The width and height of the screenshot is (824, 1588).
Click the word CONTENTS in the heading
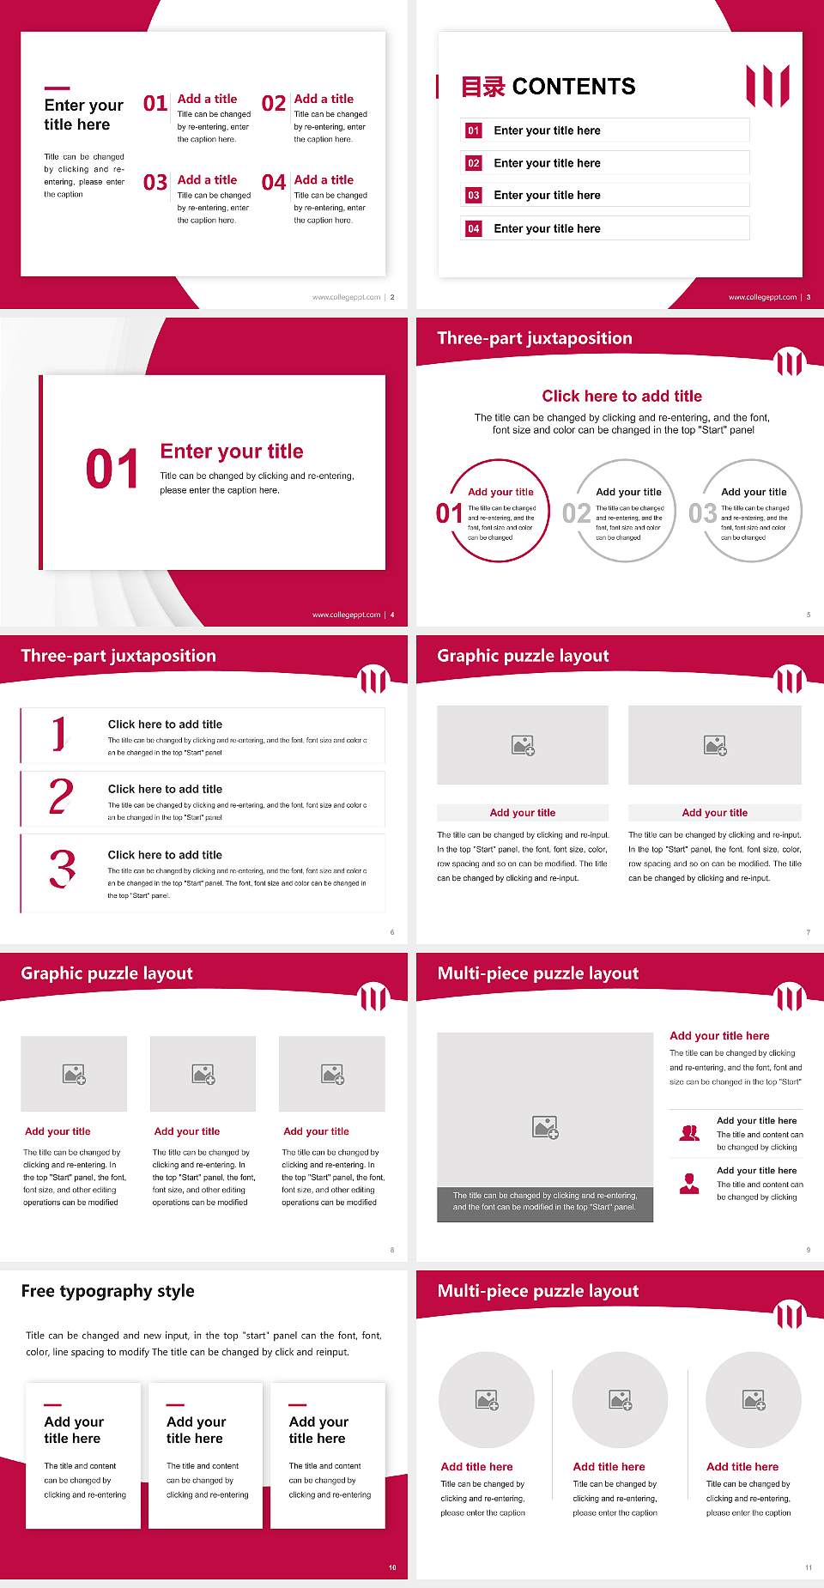click(573, 87)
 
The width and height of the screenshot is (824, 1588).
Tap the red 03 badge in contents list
click(474, 196)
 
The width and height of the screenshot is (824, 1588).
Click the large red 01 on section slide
click(112, 470)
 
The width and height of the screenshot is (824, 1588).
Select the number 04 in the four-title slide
click(274, 183)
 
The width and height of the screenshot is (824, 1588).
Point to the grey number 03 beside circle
click(702, 513)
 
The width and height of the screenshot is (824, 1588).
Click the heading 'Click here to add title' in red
click(621, 396)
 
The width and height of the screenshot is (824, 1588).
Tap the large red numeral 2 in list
click(61, 797)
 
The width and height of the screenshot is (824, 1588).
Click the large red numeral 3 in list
click(62, 869)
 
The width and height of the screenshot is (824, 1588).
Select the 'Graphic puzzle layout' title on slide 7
click(523, 656)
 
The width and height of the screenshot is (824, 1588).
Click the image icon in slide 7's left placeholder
click(523, 745)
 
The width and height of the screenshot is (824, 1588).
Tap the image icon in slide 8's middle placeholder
click(203, 1074)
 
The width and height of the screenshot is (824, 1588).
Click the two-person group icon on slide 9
click(689, 1133)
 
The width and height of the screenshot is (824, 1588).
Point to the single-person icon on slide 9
click(689, 1184)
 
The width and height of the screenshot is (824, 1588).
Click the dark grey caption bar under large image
click(545, 1201)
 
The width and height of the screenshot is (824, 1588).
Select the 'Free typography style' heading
click(108, 1291)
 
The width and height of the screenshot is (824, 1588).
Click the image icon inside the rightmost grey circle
click(754, 1400)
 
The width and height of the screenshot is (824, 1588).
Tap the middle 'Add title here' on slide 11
click(609, 1467)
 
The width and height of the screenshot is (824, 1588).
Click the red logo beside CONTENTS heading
click(767, 86)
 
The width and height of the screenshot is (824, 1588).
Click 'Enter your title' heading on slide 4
click(232, 452)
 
